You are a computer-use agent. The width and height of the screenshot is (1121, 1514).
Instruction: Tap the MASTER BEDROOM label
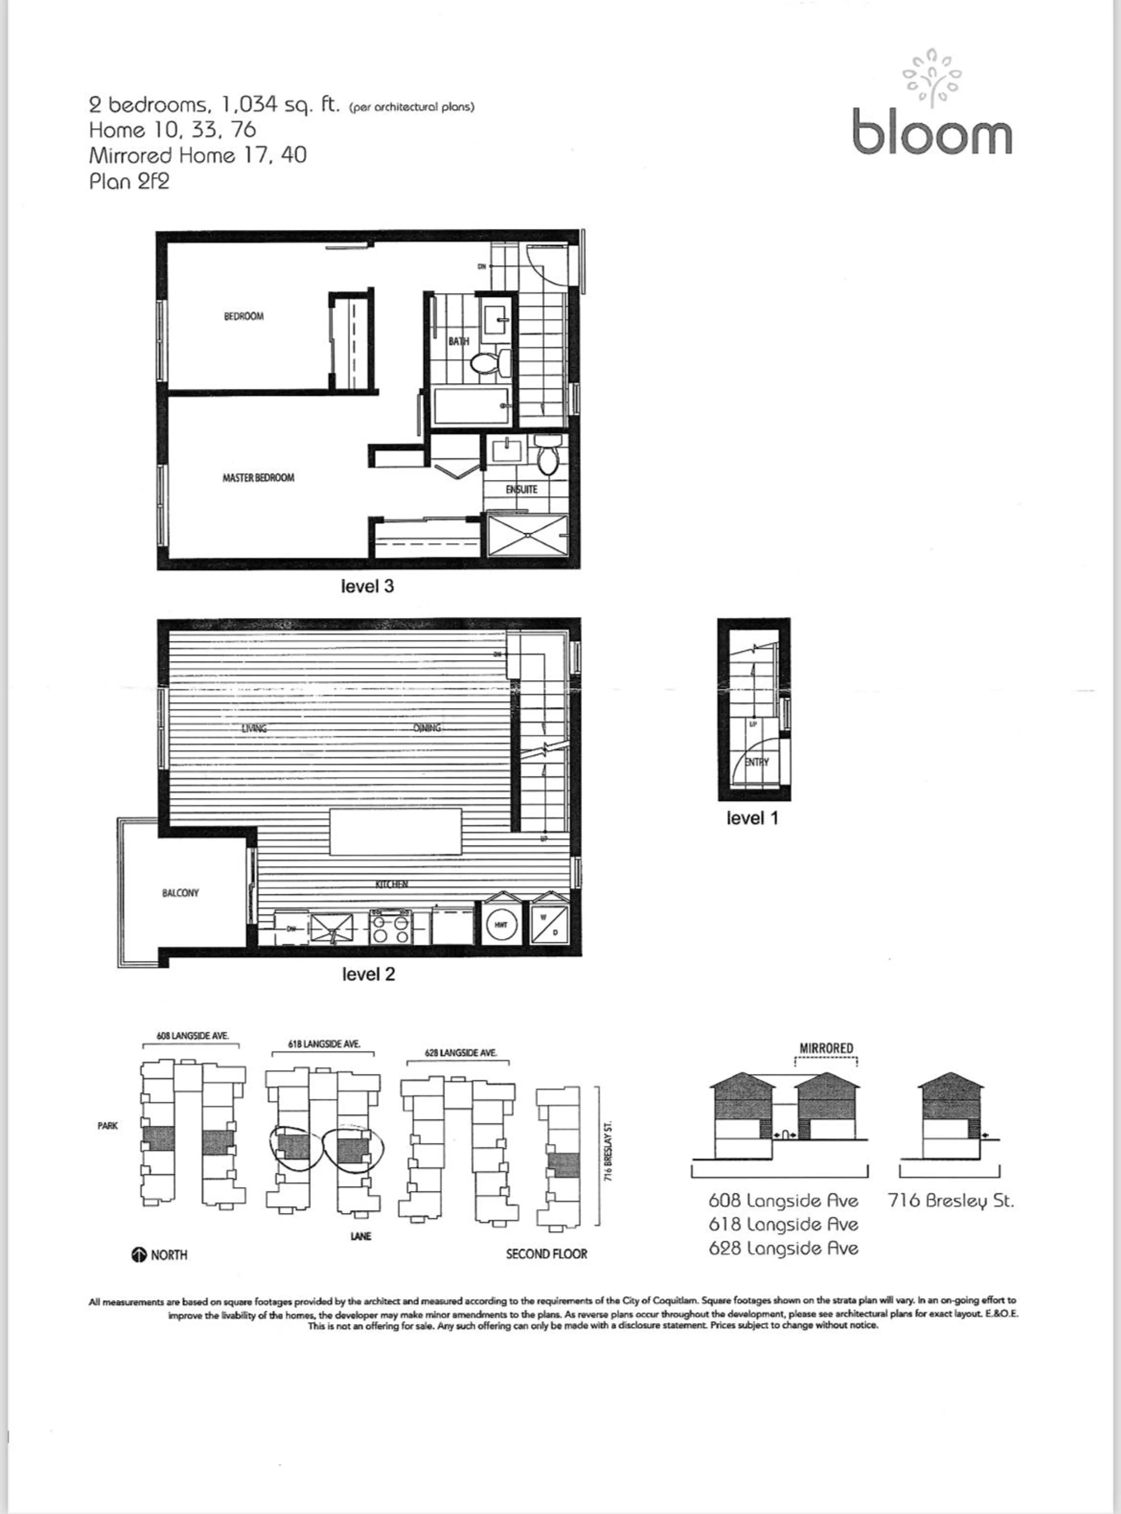259,478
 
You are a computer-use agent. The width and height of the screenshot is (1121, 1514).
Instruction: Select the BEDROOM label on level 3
243,316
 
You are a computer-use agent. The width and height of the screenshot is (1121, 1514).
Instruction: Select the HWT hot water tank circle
502,924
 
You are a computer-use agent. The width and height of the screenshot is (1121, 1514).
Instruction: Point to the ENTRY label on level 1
757,762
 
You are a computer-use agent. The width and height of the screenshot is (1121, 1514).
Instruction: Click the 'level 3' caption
367,586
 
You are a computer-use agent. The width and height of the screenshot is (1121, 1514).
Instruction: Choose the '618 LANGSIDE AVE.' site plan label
324,1044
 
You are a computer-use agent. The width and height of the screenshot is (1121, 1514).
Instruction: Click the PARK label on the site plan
108,1126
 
